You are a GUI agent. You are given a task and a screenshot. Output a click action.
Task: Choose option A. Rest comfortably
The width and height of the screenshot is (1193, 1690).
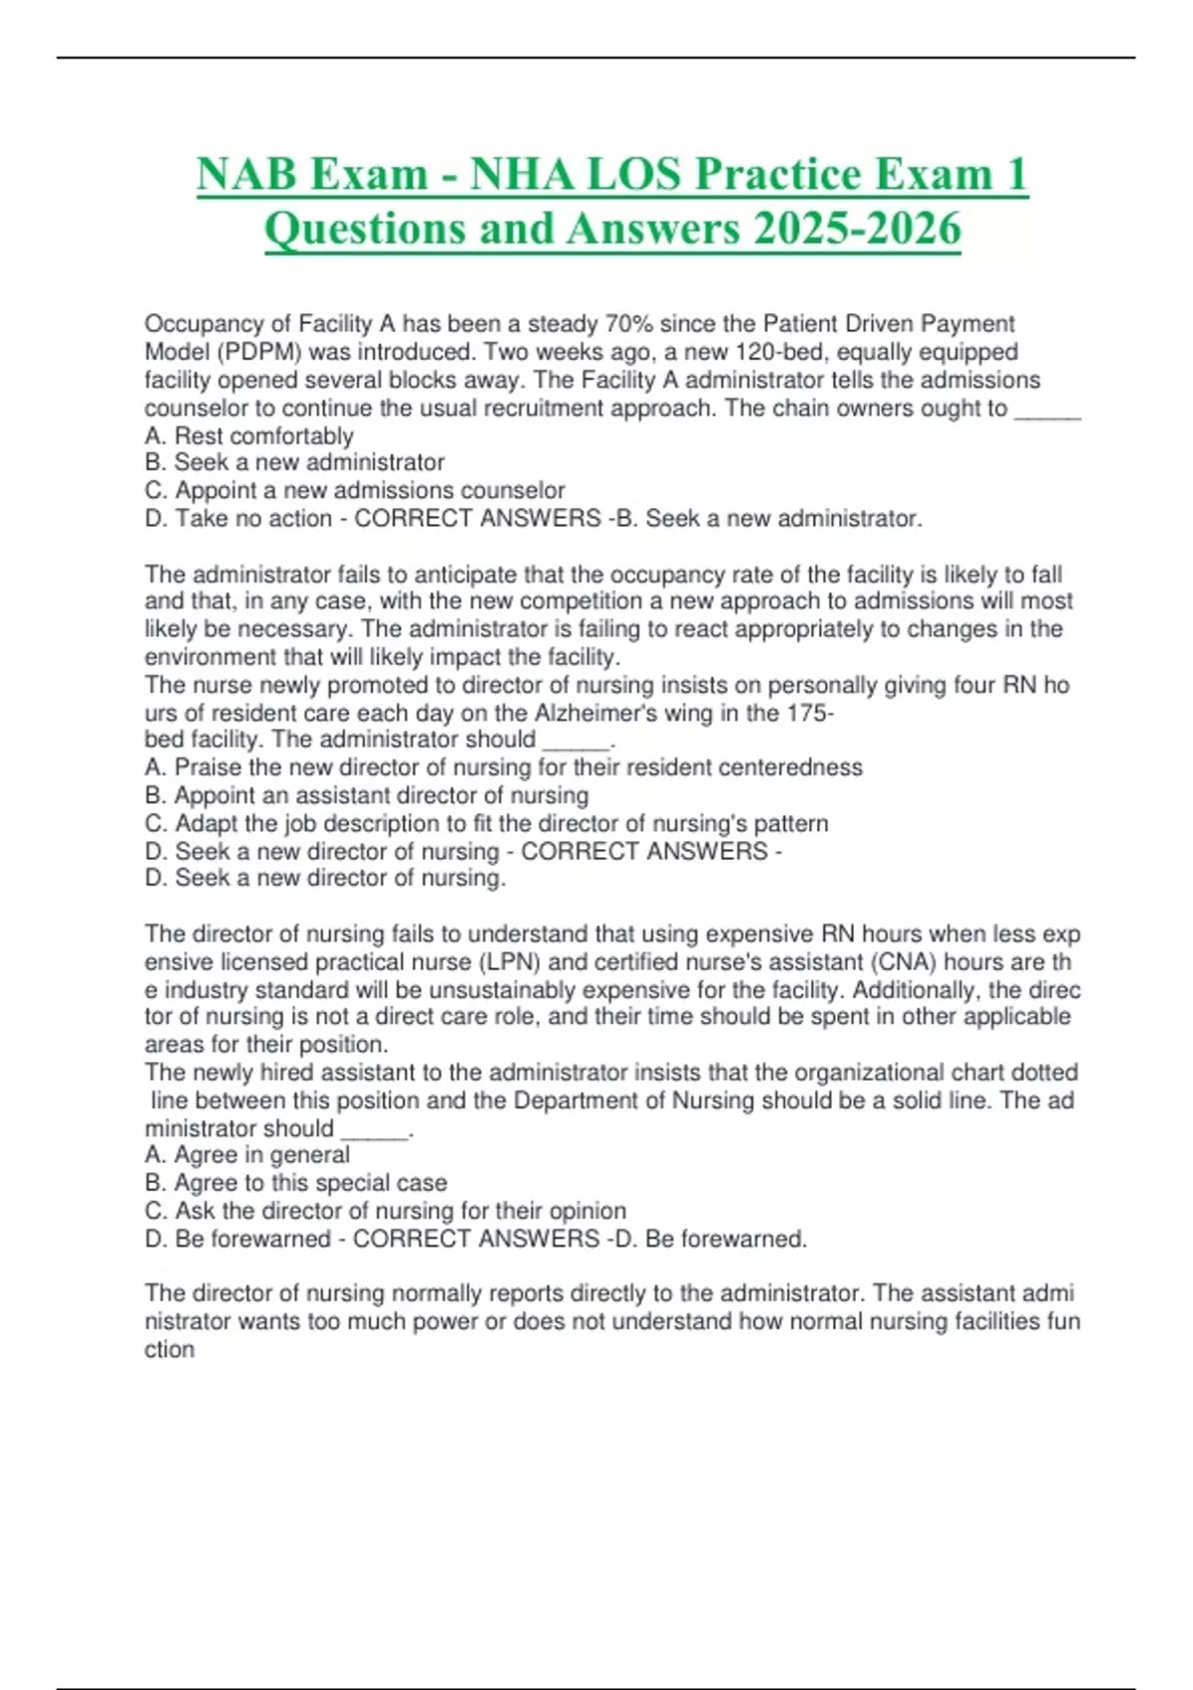(249, 435)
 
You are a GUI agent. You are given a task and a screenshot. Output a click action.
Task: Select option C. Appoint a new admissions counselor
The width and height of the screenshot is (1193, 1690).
(355, 490)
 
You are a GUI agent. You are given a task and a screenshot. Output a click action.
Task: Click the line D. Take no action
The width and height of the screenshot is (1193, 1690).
(239, 518)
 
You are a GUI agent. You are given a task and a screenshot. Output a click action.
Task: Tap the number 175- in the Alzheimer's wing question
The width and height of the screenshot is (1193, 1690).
(810, 713)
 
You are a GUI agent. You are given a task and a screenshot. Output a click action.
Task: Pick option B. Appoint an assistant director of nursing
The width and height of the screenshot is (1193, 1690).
(367, 795)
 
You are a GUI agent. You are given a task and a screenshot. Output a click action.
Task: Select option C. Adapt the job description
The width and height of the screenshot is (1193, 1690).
(486, 823)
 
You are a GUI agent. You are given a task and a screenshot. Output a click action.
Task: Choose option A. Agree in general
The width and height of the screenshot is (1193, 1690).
(247, 1155)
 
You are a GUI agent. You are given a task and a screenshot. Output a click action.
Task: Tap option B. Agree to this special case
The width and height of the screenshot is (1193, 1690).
(295, 1183)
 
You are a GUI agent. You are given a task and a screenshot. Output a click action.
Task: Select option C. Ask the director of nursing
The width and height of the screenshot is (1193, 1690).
(385, 1211)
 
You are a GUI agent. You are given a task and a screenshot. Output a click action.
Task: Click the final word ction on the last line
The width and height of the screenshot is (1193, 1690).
(169, 1350)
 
